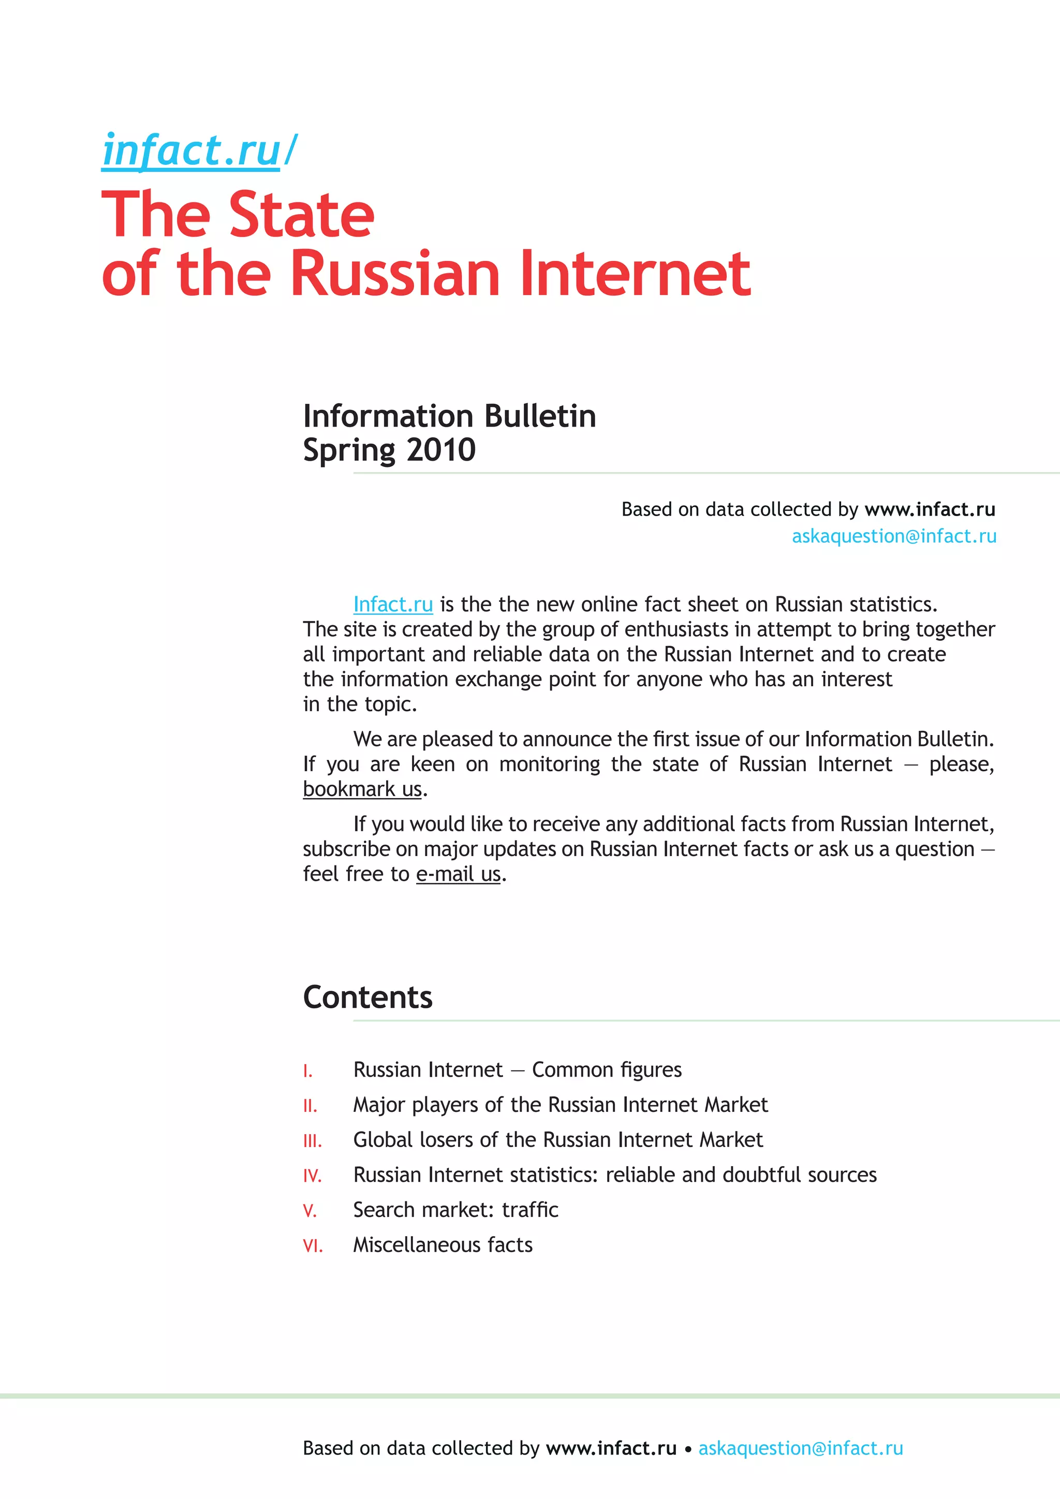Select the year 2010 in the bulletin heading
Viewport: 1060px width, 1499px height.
pyautogui.click(x=441, y=450)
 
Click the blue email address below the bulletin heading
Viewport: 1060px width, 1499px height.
pyautogui.click(x=893, y=536)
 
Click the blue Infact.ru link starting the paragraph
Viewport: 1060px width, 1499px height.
pyautogui.click(x=393, y=605)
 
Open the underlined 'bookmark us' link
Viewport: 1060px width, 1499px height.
pyautogui.click(x=362, y=789)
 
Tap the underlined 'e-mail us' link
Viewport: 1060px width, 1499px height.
pyautogui.click(x=458, y=874)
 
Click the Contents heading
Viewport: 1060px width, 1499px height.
pyautogui.click(x=367, y=997)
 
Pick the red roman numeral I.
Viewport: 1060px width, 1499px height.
pyautogui.click(x=307, y=1071)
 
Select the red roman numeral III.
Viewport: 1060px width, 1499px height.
pyautogui.click(x=312, y=1141)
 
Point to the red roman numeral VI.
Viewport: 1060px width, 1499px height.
pyautogui.click(x=313, y=1246)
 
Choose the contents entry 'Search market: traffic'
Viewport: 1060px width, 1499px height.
pyautogui.click(x=455, y=1210)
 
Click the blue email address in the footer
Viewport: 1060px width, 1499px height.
pyautogui.click(x=801, y=1448)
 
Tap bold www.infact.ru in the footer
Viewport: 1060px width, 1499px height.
pyautogui.click(x=611, y=1448)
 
